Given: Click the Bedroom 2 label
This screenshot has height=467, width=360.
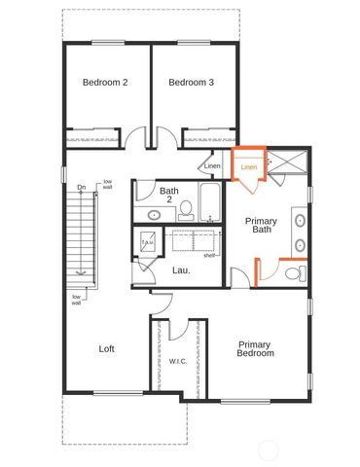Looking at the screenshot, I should [105, 83].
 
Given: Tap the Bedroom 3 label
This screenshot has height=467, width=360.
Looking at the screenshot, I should [191, 83].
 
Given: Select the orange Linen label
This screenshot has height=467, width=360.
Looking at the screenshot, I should [249, 167].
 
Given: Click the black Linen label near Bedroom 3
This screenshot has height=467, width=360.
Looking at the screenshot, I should [212, 165].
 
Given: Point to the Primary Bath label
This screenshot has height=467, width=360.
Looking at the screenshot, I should [261, 226].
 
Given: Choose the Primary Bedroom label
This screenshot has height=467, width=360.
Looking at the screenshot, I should [255, 348].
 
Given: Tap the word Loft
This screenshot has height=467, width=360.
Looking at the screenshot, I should [108, 348].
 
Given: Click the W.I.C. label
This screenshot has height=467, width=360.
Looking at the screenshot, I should [177, 361].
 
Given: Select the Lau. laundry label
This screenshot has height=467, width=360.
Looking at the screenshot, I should [181, 269].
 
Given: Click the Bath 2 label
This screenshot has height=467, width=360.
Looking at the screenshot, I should [169, 196].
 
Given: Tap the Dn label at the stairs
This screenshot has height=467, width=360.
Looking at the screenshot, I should [82, 187].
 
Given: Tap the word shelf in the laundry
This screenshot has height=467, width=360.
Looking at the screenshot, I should [209, 256].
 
